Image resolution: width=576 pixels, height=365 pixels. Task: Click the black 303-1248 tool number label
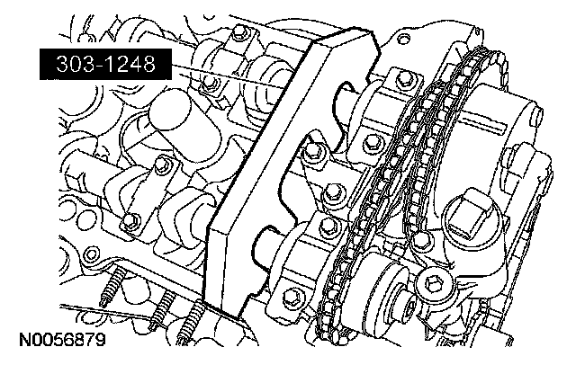[105, 64]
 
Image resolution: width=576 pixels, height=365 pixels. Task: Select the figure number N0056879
[62, 340]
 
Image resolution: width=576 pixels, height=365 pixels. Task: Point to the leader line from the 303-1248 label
[227, 76]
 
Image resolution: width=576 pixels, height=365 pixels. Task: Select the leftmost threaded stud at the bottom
[111, 285]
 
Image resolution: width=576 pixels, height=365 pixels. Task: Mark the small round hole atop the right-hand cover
[404, 39]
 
